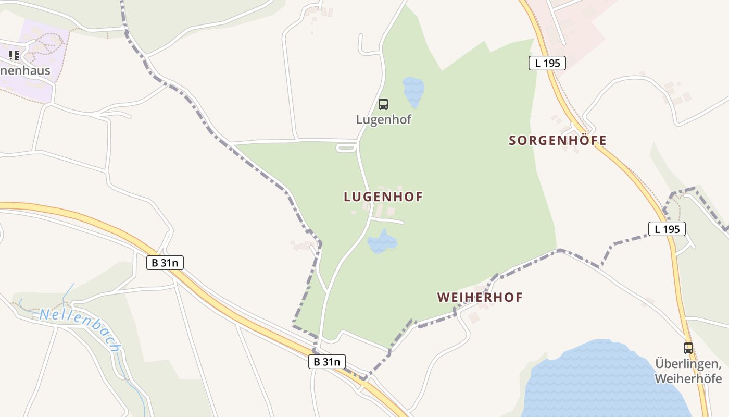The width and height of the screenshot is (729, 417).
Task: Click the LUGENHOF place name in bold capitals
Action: coord(383,197)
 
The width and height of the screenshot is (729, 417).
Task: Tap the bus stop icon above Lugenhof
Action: coord(383,104)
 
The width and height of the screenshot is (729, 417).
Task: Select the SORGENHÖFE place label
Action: coord(558,140)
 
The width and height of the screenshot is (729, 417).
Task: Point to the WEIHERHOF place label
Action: coord(480,297)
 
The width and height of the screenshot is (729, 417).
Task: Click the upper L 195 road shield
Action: coord(547,63)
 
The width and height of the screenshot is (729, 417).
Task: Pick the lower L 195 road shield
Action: coord(667,228)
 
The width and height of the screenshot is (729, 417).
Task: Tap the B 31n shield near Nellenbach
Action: coord(165,263)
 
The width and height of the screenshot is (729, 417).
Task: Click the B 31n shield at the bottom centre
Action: coord(327,361)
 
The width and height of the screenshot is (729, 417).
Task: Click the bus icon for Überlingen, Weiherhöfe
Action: coord(688,348)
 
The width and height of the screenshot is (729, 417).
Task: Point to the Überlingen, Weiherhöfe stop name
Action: coord(688,371)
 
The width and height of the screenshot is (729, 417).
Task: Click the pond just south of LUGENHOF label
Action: coord(382,242)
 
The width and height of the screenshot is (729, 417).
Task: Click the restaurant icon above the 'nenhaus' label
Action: coord(14,55)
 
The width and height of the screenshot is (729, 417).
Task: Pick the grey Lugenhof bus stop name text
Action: coord(383,119)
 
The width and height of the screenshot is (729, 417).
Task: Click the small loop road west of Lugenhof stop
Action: coord(346,148)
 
